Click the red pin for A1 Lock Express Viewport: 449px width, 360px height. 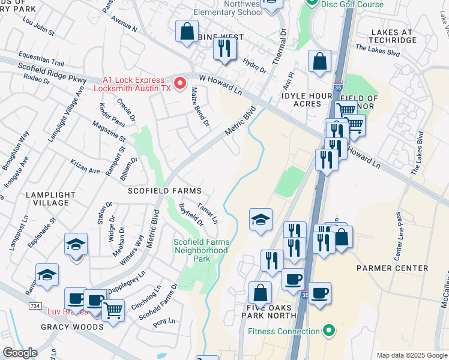[x=179, y=85]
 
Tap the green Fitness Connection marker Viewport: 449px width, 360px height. [x=328, y=331]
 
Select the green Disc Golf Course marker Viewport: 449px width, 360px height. [x=311, y=3]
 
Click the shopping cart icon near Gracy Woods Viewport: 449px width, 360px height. [x=113, y=310]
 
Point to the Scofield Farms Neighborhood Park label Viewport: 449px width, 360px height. [x=201, y=250]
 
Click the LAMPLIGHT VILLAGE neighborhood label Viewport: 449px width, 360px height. [x=50, y=199]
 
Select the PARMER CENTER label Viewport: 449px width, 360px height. [x=392, y=268]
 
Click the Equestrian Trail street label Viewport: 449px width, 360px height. [x=41, y=58]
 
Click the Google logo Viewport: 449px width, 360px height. [x=20, y=353]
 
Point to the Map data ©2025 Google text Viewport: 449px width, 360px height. [x=411, y=355]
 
